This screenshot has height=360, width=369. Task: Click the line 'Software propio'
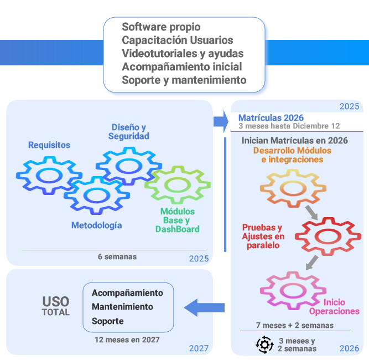click(161, 27)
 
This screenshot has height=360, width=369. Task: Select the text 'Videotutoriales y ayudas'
click(183, 53)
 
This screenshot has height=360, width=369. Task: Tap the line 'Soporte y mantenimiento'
click(184, 80)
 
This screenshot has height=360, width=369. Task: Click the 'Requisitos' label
click(49, 145)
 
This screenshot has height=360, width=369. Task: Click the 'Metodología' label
click(97, 225)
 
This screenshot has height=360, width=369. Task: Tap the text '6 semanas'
click(117, 257)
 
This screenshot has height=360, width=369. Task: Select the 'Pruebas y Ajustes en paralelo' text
click(263, 236)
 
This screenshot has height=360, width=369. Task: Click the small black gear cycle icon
click(264, 344)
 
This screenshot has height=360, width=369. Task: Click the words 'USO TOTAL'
click(56, 306)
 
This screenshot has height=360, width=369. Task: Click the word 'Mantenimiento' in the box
click(122, 307)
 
